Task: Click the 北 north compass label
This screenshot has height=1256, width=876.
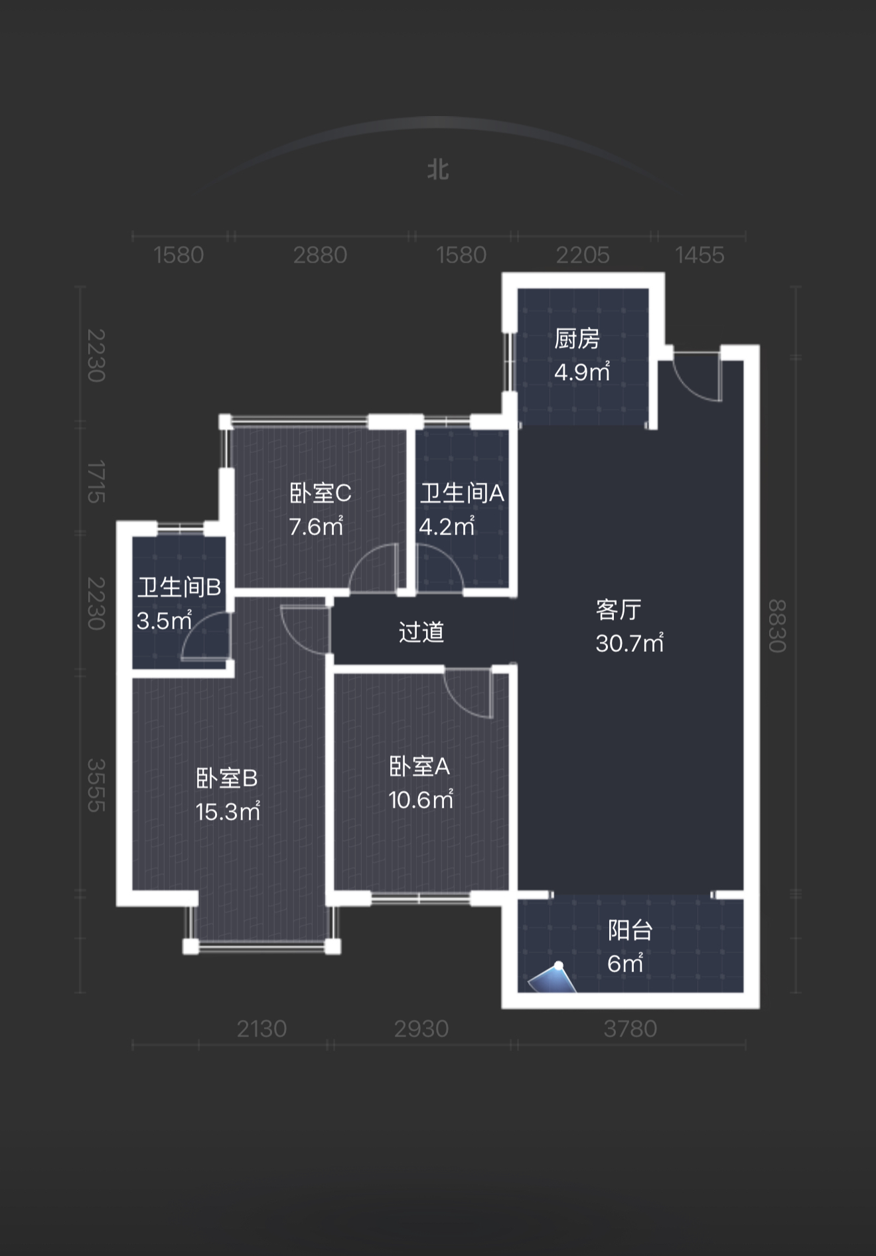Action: click(x=438, y=170)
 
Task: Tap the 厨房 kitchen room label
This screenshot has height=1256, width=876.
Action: click(x=577, y=339)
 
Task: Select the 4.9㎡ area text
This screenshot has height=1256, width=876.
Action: click(x=582, y=372)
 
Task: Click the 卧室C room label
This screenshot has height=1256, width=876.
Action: click(x=321, y=493)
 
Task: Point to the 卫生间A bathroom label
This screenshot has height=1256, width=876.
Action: click(x=462, y=493)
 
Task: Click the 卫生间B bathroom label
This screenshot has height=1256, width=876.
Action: click(x=179, y=587)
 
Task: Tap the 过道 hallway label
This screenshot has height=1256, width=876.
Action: click(x=421, y=632)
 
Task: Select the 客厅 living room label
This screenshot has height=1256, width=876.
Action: click(x=619, y=609)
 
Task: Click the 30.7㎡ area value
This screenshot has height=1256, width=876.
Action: click(x=629, y=643)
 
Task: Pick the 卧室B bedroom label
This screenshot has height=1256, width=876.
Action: click(x=227, y=778)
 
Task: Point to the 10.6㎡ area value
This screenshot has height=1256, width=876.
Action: click(x=421, y=800)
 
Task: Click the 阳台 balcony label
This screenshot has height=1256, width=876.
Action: click(x=630, y=930)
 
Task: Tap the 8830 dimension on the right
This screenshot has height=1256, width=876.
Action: click(x=777, y=626)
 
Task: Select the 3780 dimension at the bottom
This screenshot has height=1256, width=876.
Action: click(x=630, y=1029)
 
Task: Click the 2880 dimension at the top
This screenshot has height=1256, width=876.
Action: click(x=320, y=255)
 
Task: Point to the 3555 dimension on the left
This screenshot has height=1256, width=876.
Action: click(x=96, y=785)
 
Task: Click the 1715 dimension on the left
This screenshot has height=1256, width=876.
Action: click(x=96, y=481)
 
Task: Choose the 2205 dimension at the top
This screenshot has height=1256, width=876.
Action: click(x=582, y=255)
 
